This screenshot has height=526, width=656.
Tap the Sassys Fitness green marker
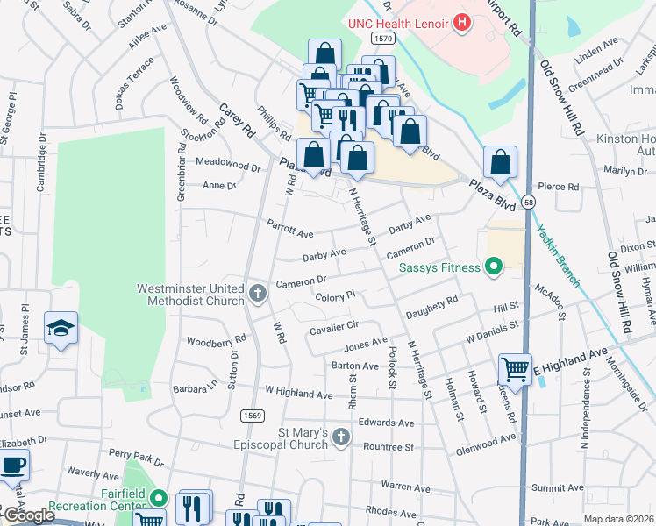(494, 267)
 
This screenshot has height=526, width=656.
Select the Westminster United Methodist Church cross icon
(257, 293)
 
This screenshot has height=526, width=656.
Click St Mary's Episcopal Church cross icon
(341, 437)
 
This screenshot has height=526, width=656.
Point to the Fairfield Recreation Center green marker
(158, 498)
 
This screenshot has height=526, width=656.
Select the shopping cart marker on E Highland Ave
(515, 368)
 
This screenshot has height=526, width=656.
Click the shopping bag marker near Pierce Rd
(500, 162)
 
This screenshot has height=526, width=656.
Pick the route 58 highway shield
(528, 203)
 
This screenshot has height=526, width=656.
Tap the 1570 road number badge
(381, 39)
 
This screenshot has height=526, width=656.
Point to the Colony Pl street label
(335, 297)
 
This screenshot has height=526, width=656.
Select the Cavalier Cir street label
(332, 328)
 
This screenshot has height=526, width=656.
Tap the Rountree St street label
(387, 447)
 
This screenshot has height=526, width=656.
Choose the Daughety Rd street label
(432, 306)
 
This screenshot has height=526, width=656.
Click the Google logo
(29, 515)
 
